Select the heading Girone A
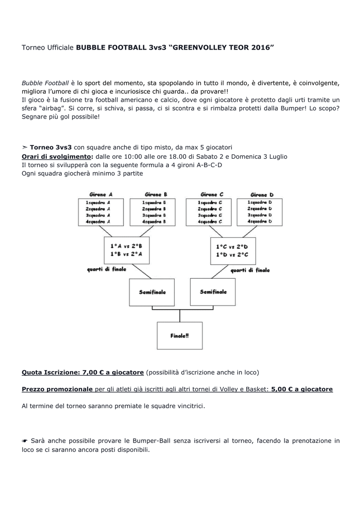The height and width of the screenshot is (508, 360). [x=101, y=194]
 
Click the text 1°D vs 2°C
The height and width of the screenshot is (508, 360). [x=232, y=254]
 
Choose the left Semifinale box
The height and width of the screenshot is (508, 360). [x=152, y=292]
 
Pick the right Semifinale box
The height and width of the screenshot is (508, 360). [x=213, y=292]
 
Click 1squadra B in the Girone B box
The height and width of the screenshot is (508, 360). [x=154, y=202]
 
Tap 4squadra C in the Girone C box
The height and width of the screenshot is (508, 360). [x=211, y=222]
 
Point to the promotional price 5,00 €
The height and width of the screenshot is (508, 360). [x=282, y=389]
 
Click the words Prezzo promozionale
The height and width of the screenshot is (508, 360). [x=57, y=389]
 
